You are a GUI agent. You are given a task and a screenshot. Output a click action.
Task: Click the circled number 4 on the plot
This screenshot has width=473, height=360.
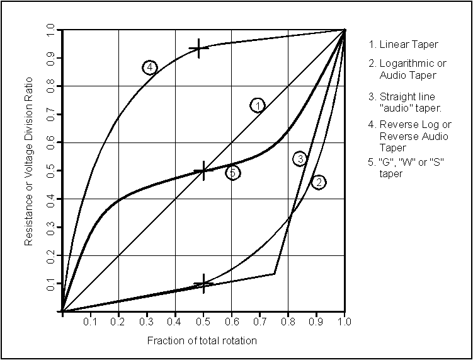149,67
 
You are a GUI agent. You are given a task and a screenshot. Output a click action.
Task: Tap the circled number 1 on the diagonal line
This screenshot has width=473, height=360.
257,105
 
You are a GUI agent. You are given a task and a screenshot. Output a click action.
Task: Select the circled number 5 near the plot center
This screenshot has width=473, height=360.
232,172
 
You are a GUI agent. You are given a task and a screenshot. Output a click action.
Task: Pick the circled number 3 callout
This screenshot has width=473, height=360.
300,159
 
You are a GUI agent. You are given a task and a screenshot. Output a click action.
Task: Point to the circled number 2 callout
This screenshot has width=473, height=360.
318,182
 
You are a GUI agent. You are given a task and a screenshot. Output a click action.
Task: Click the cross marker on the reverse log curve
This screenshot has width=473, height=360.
199,49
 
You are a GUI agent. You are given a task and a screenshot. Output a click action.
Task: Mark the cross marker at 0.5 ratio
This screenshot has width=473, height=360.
203,170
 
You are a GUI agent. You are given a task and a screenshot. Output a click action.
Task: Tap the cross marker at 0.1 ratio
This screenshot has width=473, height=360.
203,284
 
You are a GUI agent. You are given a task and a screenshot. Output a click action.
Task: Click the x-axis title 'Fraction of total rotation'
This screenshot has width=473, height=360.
202,340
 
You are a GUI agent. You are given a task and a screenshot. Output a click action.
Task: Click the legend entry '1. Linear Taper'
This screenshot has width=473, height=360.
403,44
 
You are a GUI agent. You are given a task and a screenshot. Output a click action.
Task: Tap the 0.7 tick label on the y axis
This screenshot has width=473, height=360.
50,114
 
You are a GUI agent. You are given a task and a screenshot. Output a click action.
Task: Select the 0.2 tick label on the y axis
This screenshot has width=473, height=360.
50,255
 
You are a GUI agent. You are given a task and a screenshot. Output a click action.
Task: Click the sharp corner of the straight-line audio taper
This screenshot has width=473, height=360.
275,273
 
